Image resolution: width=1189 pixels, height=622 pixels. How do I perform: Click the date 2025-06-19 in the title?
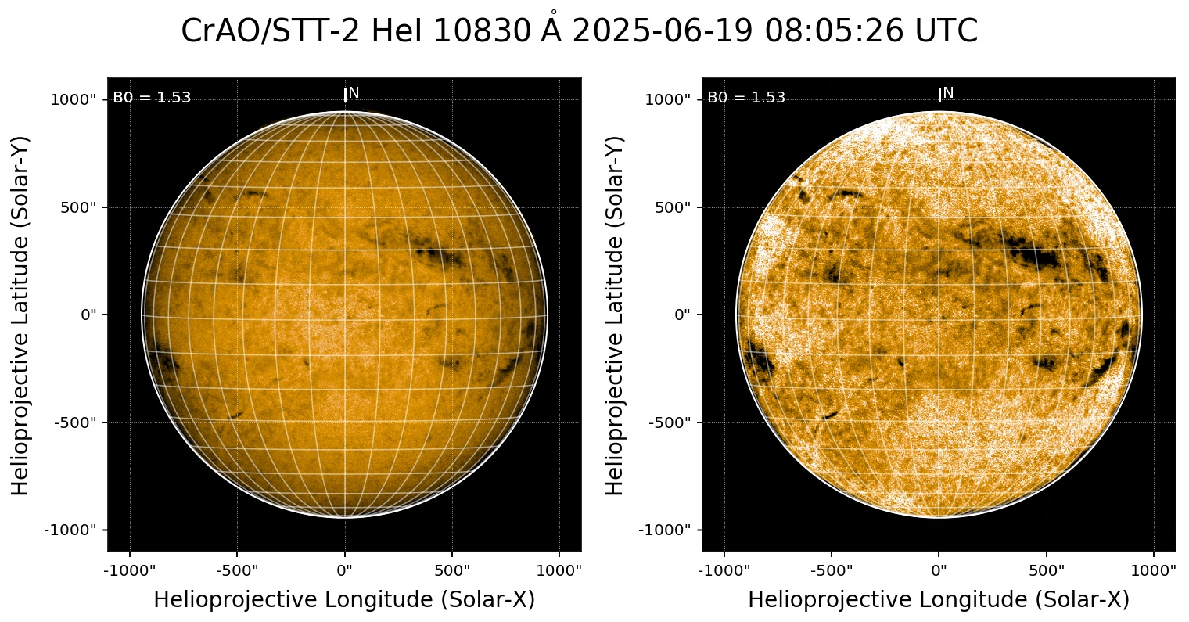661,32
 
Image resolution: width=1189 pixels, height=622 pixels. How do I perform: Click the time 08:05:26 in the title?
832,32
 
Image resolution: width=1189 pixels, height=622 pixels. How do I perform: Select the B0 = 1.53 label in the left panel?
152,98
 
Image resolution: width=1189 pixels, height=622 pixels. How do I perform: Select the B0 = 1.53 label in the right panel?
746,98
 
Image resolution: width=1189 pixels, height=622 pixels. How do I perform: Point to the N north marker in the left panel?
354,93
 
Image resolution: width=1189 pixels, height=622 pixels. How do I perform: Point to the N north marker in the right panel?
948,93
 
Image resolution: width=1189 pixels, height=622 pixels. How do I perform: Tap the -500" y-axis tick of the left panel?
77,422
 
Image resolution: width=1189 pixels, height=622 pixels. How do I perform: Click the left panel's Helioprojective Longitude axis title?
344,600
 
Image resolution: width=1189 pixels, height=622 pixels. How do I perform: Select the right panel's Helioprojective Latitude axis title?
616,315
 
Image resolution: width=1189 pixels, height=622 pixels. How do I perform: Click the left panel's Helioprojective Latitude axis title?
21,315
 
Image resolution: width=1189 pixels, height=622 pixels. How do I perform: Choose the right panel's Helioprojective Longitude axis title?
939,600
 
